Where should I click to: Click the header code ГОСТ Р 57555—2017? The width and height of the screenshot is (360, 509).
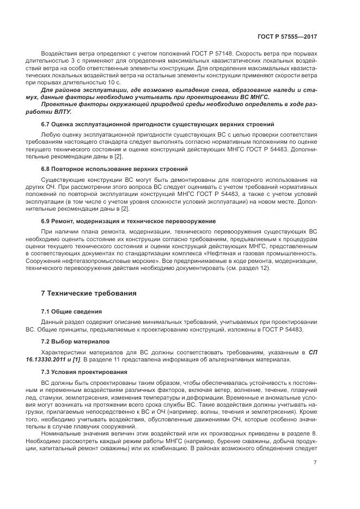point(287,37)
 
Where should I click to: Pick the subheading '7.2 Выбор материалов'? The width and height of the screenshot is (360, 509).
point(75,341)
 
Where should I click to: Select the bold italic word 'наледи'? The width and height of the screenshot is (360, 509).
point(288,89)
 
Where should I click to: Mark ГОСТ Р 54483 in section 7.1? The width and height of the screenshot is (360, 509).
point(282,330)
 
